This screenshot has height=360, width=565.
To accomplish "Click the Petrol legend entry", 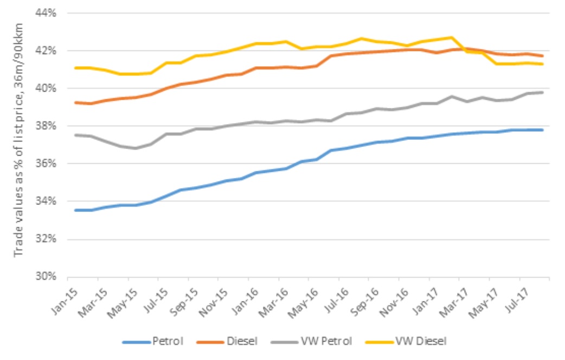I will tap(160, 341).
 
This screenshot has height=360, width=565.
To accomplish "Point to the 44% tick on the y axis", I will tap(46, 13).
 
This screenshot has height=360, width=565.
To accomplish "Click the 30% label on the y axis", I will tap(46, 277).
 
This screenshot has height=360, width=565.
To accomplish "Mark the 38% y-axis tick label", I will tap(46, 126).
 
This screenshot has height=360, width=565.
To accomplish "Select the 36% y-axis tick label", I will tap(46, 163).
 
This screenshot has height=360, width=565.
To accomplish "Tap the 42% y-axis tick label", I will tap(46, 50).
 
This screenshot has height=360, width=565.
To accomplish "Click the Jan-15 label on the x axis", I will tap(65, 293).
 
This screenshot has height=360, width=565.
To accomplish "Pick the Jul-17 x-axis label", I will tap(517, 293).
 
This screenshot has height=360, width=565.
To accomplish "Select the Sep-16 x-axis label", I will tap(366, 293).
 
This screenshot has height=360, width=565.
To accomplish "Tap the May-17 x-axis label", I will tap(487, 293).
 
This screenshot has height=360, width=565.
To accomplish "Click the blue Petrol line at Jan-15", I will tap(76, 210).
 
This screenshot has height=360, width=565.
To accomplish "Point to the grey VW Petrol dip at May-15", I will tap(136, 148).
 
